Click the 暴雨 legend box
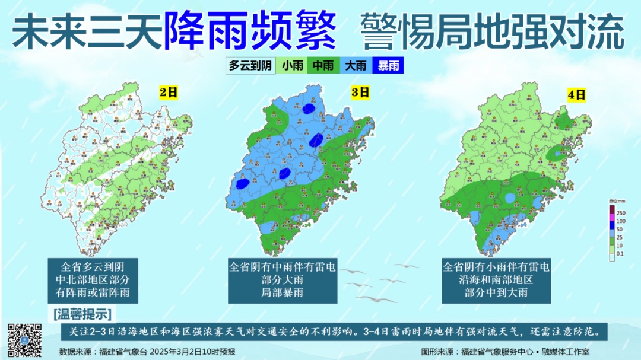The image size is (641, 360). point(388,66)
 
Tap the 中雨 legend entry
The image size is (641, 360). point(323,66)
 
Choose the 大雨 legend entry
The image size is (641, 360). point(356,66)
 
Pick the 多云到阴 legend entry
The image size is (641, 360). point(250,66)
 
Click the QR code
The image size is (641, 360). point(24,340)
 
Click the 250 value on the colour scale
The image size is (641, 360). point(621,213)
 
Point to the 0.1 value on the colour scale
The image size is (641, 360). point(620,254)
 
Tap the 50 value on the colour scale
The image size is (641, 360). point(620,230)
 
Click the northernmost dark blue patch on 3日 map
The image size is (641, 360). point(308,109)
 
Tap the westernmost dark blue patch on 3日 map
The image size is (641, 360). point(242,184)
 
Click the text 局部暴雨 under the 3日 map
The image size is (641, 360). point(283,292)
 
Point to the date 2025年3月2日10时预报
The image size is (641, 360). point(192,352)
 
